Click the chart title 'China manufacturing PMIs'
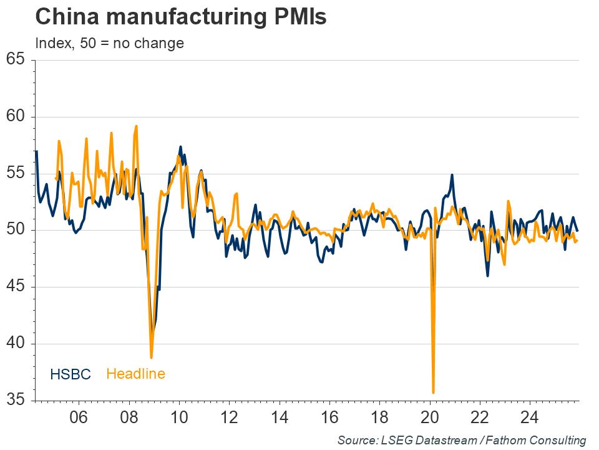point(181,17)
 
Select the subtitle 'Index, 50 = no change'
point(109,43)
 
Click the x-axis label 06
point(79,417)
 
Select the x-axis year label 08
point(129,417)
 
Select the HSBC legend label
point(71,374)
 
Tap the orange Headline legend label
point(135,374)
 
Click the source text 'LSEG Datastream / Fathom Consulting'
point(462,440)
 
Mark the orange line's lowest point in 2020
point(433,392)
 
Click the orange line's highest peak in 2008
point(136,126)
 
